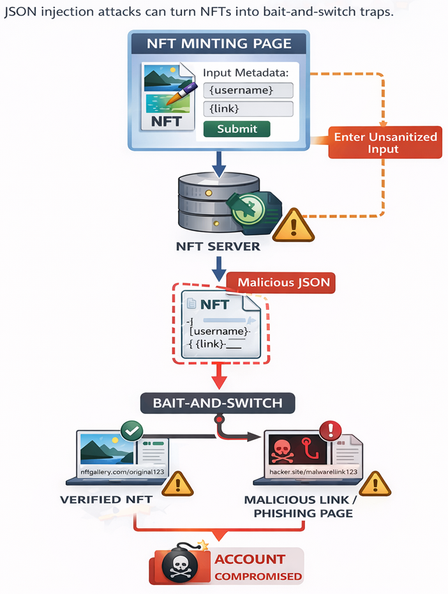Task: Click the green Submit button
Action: click(237, 129)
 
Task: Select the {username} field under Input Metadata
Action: click(248, 89)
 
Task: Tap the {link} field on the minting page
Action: click(248, 109)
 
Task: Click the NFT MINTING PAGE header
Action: click(220, 44)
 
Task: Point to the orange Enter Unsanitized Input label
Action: click(385, 143)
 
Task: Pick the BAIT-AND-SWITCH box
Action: click(218, 403)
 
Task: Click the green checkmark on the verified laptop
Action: click(133, 432)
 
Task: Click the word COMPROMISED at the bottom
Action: click(258, 576)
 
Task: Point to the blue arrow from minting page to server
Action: click(219, 165)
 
